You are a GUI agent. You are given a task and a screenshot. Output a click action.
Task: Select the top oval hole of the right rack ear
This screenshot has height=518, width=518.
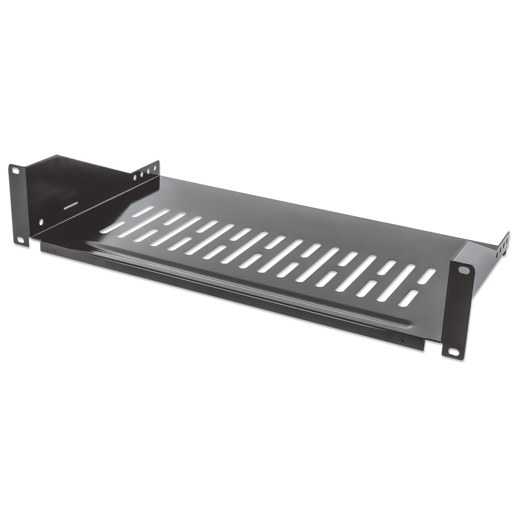464,270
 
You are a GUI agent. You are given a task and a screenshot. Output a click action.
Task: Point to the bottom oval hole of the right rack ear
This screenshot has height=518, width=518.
453,352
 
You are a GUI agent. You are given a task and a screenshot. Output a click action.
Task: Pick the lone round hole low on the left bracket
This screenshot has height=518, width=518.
41,222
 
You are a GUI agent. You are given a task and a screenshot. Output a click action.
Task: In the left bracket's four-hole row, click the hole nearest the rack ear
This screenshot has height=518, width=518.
135,178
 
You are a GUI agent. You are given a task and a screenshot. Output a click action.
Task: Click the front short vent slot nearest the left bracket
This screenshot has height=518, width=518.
111,228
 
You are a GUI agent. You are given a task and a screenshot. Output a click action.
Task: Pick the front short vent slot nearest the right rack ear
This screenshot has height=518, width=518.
409,298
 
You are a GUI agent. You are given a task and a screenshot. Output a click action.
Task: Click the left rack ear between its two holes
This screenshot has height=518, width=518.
18,205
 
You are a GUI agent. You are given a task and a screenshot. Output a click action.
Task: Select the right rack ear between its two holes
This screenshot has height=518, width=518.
458,311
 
